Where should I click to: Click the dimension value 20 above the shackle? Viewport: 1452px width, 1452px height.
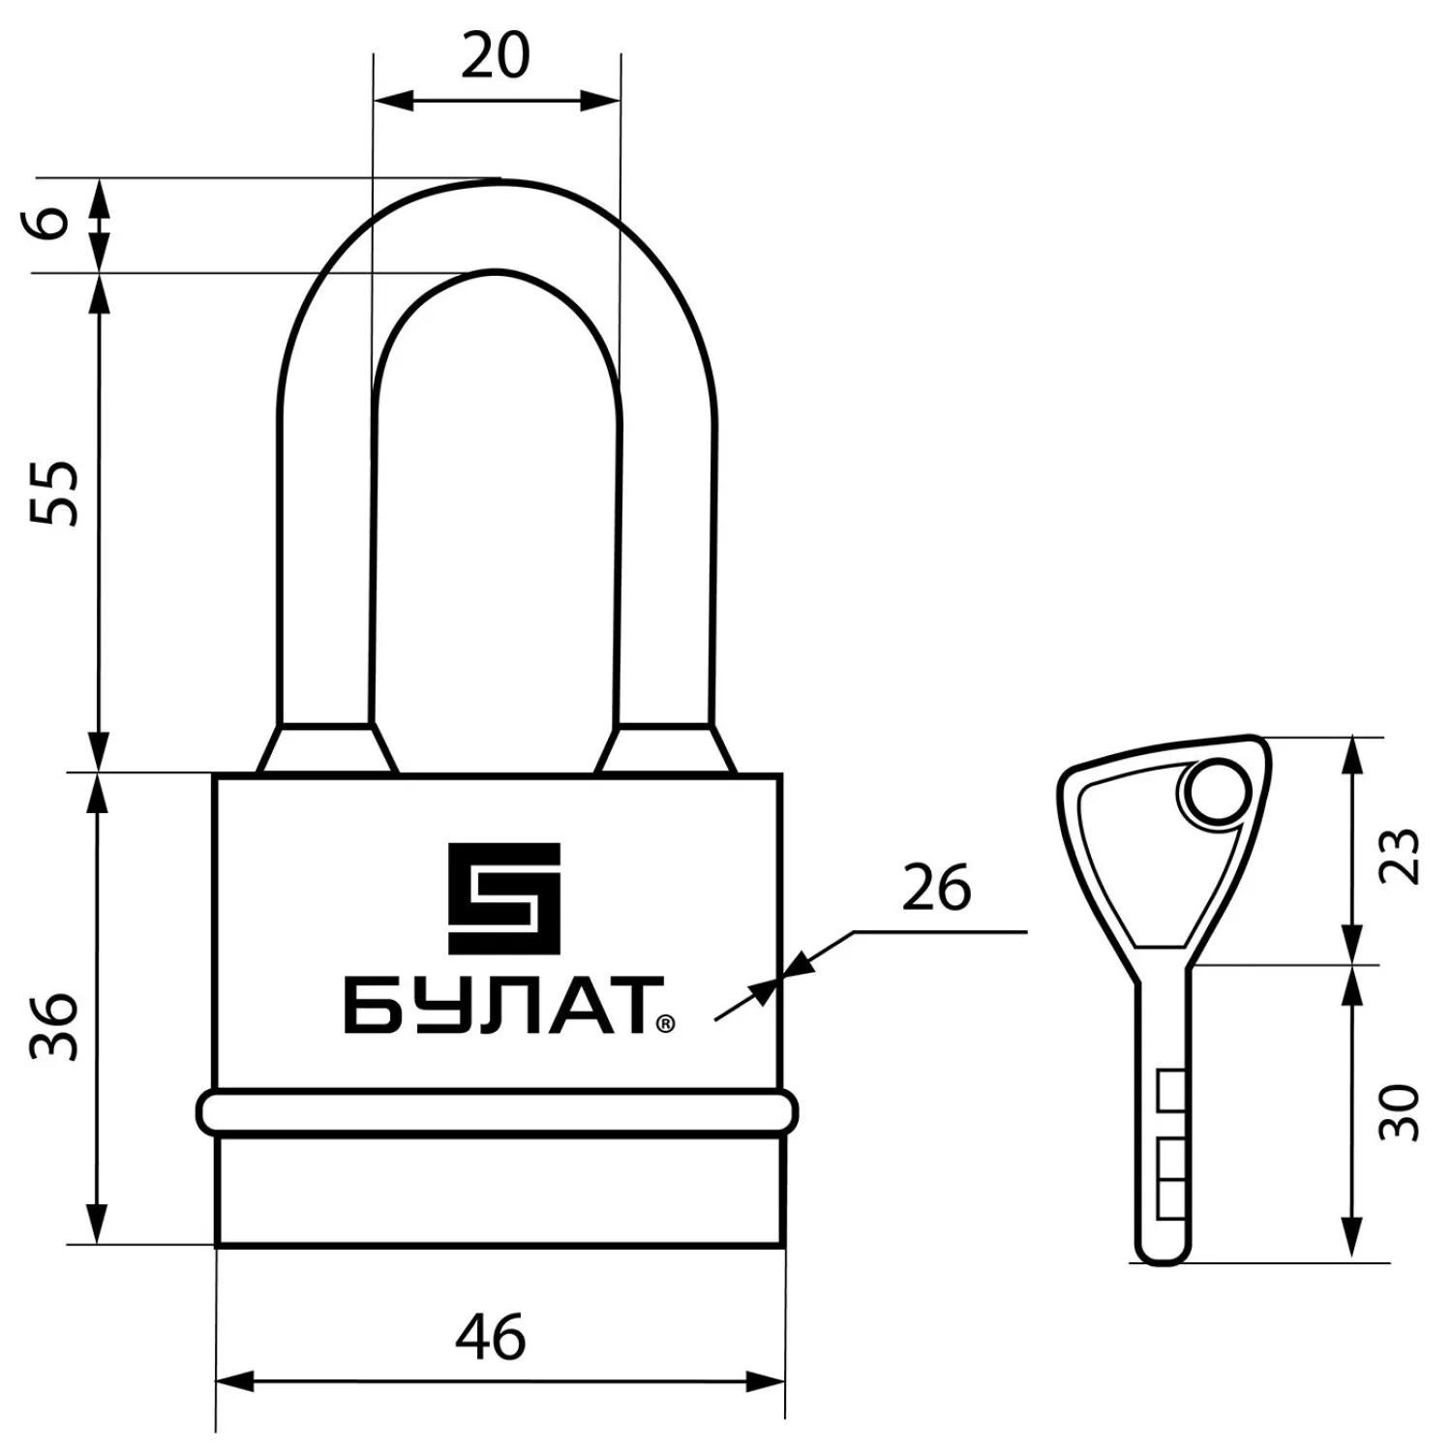pos(496,55)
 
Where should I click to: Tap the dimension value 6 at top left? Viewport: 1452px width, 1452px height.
pos(54,222)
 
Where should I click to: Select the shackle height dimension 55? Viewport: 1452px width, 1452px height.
pos(54,493)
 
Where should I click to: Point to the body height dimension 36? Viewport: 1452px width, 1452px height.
pos(54,1026)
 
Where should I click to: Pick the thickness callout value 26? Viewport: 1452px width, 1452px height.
pos(936,888)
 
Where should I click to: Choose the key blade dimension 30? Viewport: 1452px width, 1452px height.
pos(1401,1113)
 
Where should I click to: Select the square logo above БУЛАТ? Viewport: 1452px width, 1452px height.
pos(503,897)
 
